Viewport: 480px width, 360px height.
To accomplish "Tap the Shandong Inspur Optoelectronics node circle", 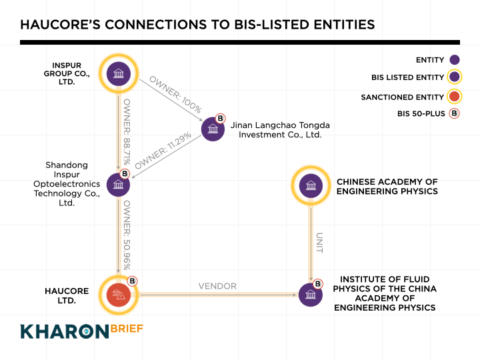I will (x=118, y=185).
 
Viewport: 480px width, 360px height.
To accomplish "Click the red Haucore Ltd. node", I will (x=118, y=294).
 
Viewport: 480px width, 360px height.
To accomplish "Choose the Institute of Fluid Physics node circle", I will (x=311, y=294).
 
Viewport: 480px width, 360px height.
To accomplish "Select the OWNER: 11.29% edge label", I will (x=164, y=151).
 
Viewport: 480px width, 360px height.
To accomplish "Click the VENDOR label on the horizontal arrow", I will (x=217, y=286).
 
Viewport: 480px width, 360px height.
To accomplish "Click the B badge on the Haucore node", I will (x=131, y=281).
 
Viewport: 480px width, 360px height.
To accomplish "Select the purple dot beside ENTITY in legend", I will (x=455, y=60).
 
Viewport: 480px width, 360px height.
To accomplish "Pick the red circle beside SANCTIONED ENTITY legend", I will (x=455, y=97).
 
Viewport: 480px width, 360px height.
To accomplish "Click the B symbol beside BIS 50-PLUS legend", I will (x=455, y=113).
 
